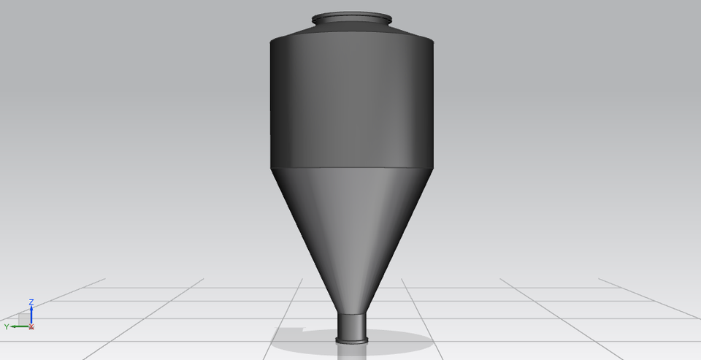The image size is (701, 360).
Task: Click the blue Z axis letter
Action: [x=31, y=301]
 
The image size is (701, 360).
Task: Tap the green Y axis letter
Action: [x=7, y=326]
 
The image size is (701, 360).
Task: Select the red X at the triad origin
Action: [x=31, y=327]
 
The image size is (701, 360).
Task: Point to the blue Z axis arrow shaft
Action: [x=31, y=315]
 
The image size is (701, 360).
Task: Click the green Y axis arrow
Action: [x=18, y=326]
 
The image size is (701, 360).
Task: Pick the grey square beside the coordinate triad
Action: [x=23, y=318]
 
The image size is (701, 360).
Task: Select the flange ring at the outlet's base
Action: [x=352, y=340]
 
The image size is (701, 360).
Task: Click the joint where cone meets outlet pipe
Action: [x=352, y=313]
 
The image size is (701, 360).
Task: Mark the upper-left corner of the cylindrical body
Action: [x=272, y=42]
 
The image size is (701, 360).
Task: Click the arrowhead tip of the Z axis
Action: [x=31, y=306]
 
